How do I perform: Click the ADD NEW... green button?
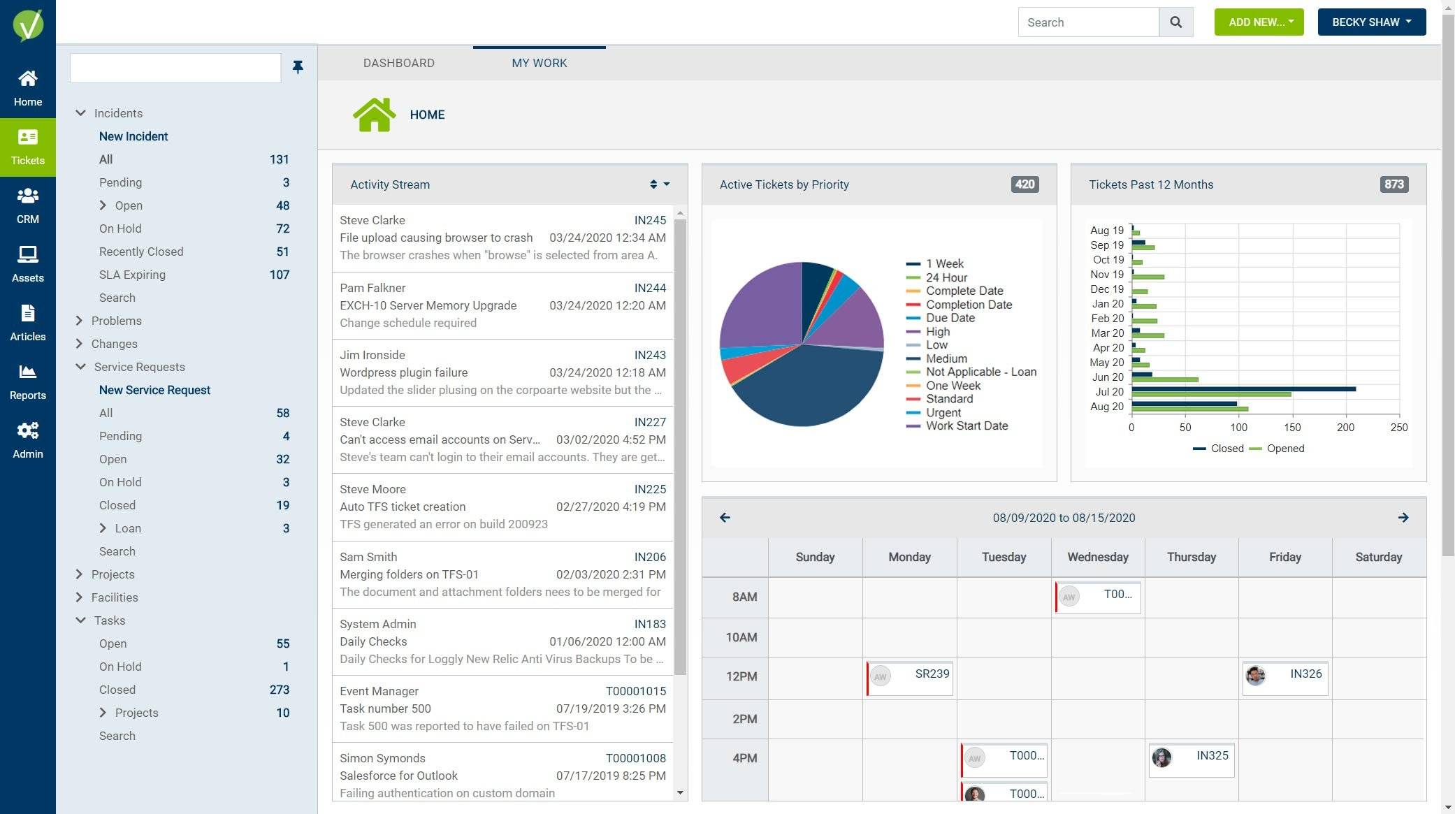[1259, 22]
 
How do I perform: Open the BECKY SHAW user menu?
[1371, 22]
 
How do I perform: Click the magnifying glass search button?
[1176, 22]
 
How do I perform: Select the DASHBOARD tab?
[398, 63]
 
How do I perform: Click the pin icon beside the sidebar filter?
[298, 67]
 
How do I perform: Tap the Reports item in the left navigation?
[27, 381]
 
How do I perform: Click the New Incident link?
[133, 136]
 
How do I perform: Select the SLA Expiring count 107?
[279, 275]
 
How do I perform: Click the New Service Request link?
[154, 390]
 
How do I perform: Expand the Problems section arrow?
[79, 321]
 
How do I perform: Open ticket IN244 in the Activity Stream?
[649, 288]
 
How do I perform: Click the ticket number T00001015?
[635, 691]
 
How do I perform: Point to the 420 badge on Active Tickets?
[1025, 184]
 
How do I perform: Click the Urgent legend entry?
[943, 412]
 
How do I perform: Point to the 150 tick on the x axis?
[1292, 427]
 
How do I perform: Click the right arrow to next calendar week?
[1403, 518]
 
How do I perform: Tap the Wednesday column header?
[1097, 557]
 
